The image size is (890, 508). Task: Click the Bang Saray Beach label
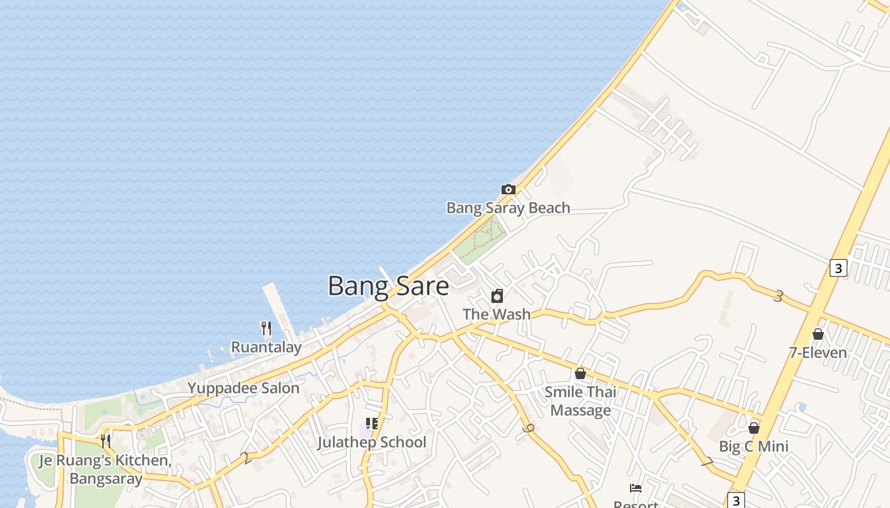[508, 208]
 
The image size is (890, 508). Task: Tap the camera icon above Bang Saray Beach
[508, 189]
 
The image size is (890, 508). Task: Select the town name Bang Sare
[388, 286]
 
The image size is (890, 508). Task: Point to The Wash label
[496, 314]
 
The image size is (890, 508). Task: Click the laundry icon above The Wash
[497, 296]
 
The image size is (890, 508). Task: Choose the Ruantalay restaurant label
[266, 347]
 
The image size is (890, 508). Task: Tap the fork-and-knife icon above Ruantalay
[266, 328]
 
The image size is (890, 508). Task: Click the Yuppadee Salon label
[243, 388]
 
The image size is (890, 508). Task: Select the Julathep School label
[372, 442]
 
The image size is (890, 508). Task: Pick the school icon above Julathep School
[372, 424]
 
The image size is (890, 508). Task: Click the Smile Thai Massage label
[580, 401]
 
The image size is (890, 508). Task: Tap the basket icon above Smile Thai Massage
[580, 373]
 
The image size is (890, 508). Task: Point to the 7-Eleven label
[818, 352]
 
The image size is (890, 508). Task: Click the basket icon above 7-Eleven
[818, 334]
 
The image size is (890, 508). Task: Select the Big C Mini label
[753, 446]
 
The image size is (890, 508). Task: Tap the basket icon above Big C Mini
[754, 428]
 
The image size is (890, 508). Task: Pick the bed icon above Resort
[636, 488]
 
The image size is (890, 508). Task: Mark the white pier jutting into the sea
[279, 308]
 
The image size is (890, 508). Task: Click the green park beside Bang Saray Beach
[481, 239]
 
